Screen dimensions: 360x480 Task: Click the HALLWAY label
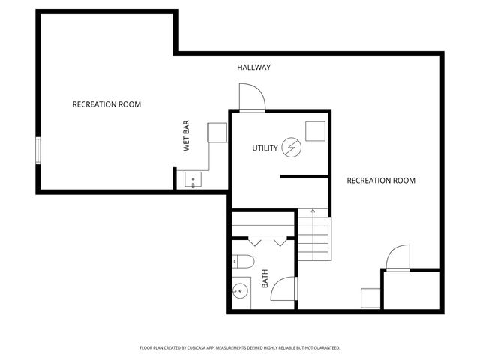click(x=254, y=67)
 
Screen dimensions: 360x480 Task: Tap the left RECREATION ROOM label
click(x=106, y=104)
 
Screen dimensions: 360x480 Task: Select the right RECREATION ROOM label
click(x=381, y=181)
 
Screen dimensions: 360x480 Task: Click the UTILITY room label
click(x=265, y=148)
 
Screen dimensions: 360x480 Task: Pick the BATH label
click(x=265, y=280)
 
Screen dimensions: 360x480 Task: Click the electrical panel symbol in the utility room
click(x=290, y=148)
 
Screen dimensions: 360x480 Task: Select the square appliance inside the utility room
click(x=315, y=131)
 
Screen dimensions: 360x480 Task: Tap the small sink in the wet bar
click(x=193, y=180)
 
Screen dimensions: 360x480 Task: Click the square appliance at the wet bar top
click(x=217, y=133)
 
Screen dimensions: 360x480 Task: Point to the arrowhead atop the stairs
click(x=313, y=212)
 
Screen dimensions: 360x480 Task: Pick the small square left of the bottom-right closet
click(x=370, y=297)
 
